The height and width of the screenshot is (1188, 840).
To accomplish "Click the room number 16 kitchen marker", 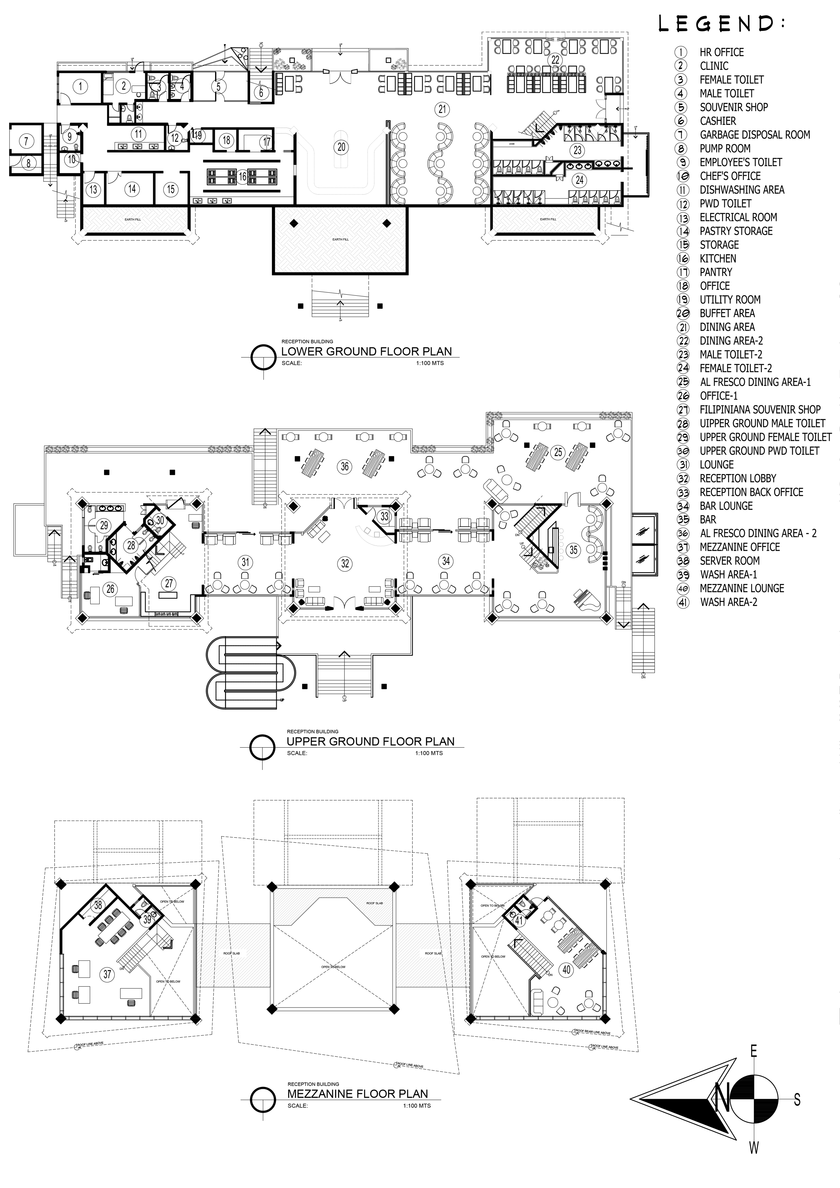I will [242, 177].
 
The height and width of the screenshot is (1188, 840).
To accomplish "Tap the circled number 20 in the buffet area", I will [341, 147].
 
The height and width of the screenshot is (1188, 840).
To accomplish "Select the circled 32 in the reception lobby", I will [345, 563].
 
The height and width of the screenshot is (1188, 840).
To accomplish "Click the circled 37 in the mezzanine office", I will [107, 974].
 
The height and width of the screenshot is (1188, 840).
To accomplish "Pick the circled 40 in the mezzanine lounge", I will [566, 969].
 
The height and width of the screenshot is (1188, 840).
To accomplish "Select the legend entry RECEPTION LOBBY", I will [738, 478].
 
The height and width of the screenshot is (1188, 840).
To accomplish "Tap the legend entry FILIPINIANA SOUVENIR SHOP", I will [760, 409].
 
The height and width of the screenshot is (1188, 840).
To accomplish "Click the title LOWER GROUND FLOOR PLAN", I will [366, 351].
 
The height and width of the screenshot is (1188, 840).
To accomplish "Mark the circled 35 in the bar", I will [573, 550].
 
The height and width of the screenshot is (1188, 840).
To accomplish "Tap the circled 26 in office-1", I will [110, 589].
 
